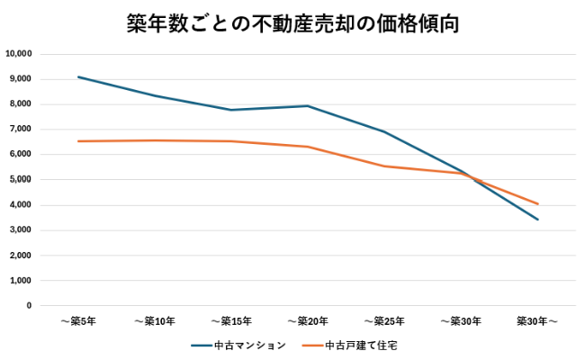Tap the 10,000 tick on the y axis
19,54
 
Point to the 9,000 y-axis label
21,79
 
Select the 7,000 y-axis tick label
21,130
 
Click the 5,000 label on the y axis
21,180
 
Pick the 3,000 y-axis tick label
21,230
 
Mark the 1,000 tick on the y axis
21,281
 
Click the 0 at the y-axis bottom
29,306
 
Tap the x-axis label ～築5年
78,321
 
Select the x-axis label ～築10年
155,321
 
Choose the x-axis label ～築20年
308,321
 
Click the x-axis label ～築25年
384,321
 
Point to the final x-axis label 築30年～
537,321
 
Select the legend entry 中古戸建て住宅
359,345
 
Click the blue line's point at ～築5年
78,76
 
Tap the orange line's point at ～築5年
78,141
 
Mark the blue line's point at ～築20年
308,106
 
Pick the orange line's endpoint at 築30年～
537,203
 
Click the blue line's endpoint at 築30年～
537,220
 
